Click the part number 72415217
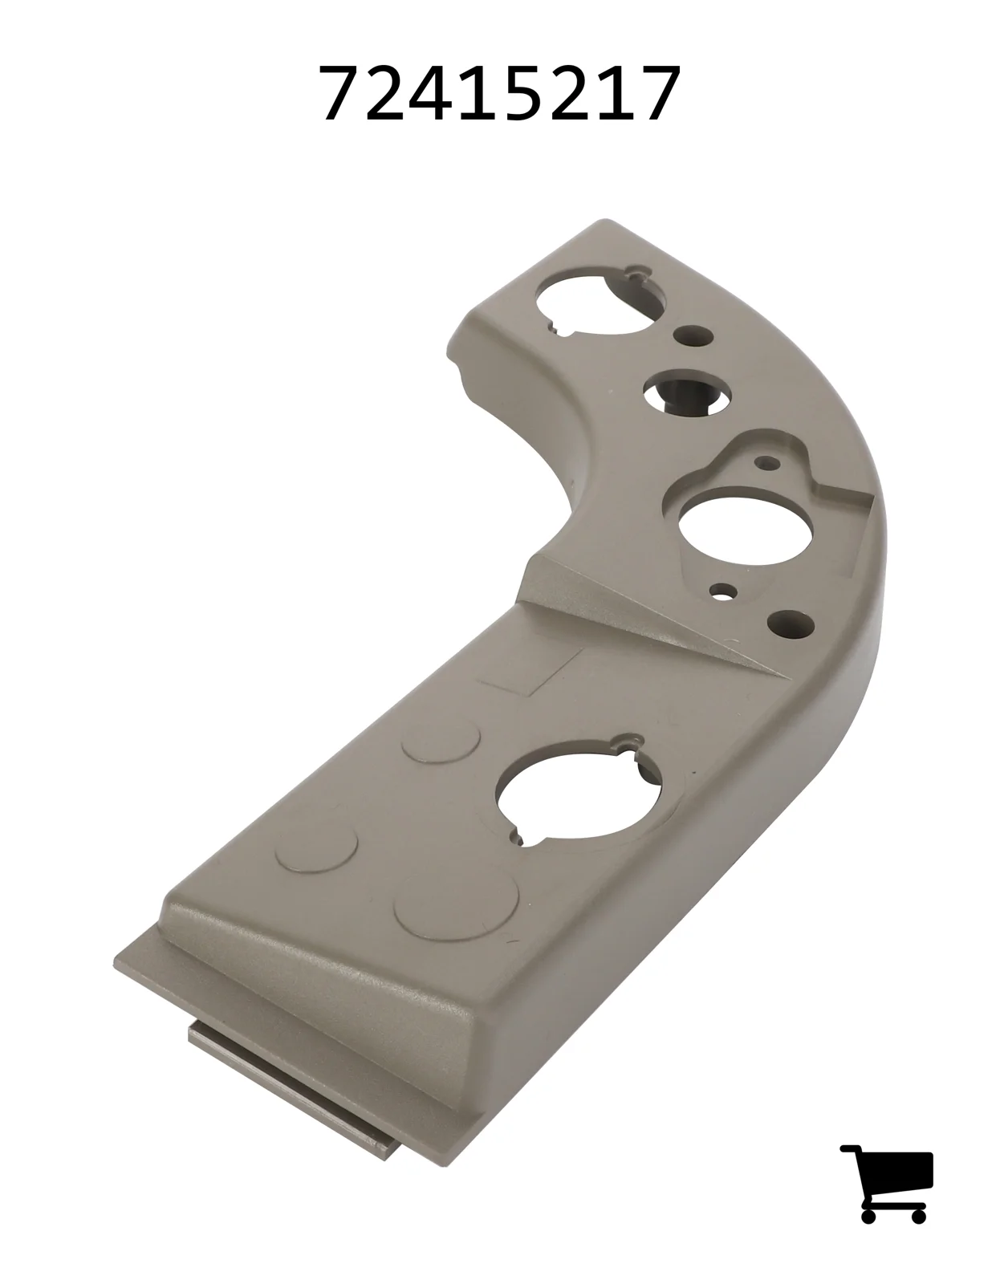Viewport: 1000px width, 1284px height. (x=500, y=93)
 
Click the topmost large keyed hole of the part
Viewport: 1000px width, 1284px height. (x=600, y=303)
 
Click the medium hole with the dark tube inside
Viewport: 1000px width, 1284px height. (x=687, y=393)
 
